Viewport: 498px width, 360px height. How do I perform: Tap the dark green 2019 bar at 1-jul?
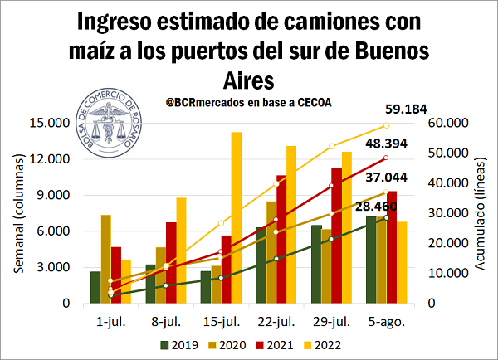pyautogui.click(x=95, y=287)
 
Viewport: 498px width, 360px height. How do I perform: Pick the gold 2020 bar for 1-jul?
pyautogui.click(x=106, y=259)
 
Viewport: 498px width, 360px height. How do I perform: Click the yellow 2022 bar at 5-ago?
pyautogui.click(x=402, y=262)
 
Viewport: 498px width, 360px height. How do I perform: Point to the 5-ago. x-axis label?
pyautogui.click(x=387, y=319)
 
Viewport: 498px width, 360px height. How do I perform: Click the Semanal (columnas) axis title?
pyautogui.click(x=17, y=213)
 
